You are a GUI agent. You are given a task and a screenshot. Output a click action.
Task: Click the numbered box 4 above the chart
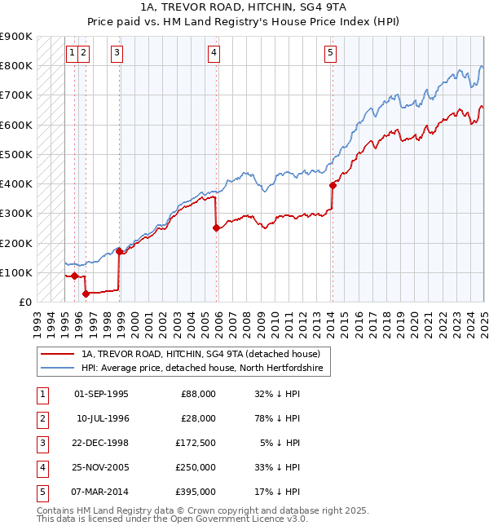[214, 54]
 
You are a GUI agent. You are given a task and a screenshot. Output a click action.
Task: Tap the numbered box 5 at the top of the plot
[330, 54]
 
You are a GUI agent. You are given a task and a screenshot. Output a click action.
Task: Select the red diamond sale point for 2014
[333, 185]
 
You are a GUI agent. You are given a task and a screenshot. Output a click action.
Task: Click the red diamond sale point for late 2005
[216, 228]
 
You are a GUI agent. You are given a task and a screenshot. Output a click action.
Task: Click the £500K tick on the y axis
[16, 154]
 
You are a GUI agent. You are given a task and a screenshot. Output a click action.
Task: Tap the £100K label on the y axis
[16, 272]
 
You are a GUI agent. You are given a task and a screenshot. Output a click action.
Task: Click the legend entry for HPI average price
[202, 369]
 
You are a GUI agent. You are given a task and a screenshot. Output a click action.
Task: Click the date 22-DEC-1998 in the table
[101, 443]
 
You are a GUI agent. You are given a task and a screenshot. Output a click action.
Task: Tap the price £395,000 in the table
[197, 492]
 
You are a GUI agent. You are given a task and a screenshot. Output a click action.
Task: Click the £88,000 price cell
[197, 394]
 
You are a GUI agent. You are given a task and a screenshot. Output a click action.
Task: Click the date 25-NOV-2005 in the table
[101, 467]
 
